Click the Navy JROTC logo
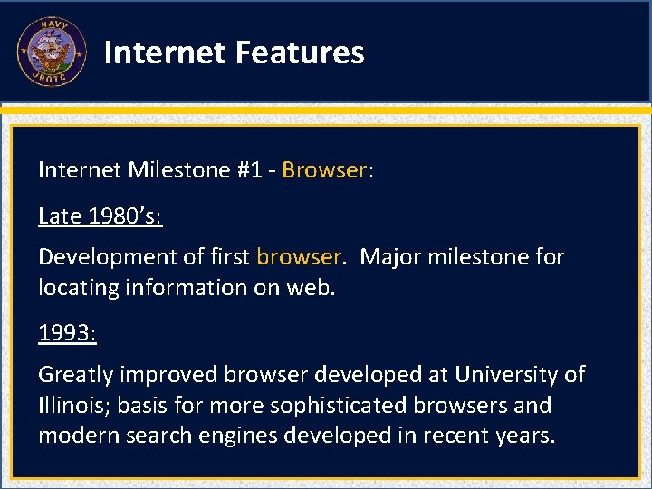pyautogui.click(x=51, y=52)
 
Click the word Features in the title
pyautogui.click(x=299, y=53)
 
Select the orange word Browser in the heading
pyautogui.click(x=323, y=170)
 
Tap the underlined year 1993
pyautogui.click(x=65, y=333)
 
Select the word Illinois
pyautogui.click(x=68, y=406)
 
